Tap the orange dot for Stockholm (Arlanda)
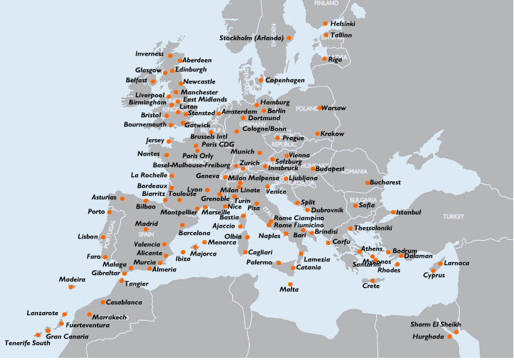(x=290, y=38)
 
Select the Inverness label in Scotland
(x=149, y=54)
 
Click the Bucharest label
(x=387, y=183)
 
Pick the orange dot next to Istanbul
(x=393, y=212)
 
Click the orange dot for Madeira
(x=71, y=287)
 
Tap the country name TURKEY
(x=453, y=216)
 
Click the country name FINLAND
(x=326, y=4)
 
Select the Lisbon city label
(x=88, y=236)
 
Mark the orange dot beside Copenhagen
(x=261, y=80)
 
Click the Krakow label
(x=332, y=134)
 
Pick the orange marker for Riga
(x=324, y=59)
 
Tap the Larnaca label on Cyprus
(x=456, y=263)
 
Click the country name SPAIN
(x=146, y=234)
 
